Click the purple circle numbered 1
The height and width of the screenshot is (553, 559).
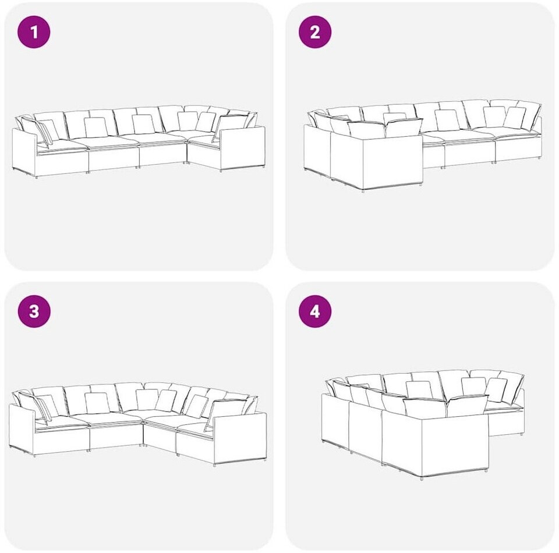34,33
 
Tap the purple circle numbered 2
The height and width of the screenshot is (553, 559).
315,33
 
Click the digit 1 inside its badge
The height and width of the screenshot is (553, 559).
34,33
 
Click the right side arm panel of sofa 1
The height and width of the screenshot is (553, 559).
242,148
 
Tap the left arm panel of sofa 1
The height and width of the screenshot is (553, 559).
24,152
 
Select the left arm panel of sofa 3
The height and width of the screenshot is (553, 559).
22,430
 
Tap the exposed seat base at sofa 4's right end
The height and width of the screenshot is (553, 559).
505,421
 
